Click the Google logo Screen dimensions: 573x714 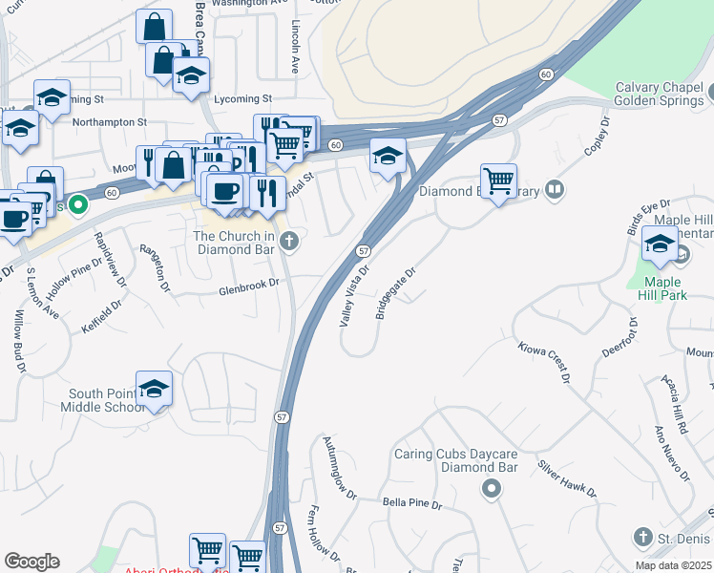pos(31,562)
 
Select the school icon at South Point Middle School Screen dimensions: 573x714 pos(154,389)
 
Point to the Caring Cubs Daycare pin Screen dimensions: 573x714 pos(491,490)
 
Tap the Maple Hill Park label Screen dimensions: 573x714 pos(661,288)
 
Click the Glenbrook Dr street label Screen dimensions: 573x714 pos(248,284)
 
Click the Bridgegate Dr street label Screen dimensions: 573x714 pos(396,292)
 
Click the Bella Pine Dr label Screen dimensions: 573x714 pos(412,503)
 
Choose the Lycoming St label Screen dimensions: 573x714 pos(243,98)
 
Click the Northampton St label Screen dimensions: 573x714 pos(109,122)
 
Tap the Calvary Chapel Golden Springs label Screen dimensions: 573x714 pos(658,93)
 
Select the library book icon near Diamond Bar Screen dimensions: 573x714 pos(555,189)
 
